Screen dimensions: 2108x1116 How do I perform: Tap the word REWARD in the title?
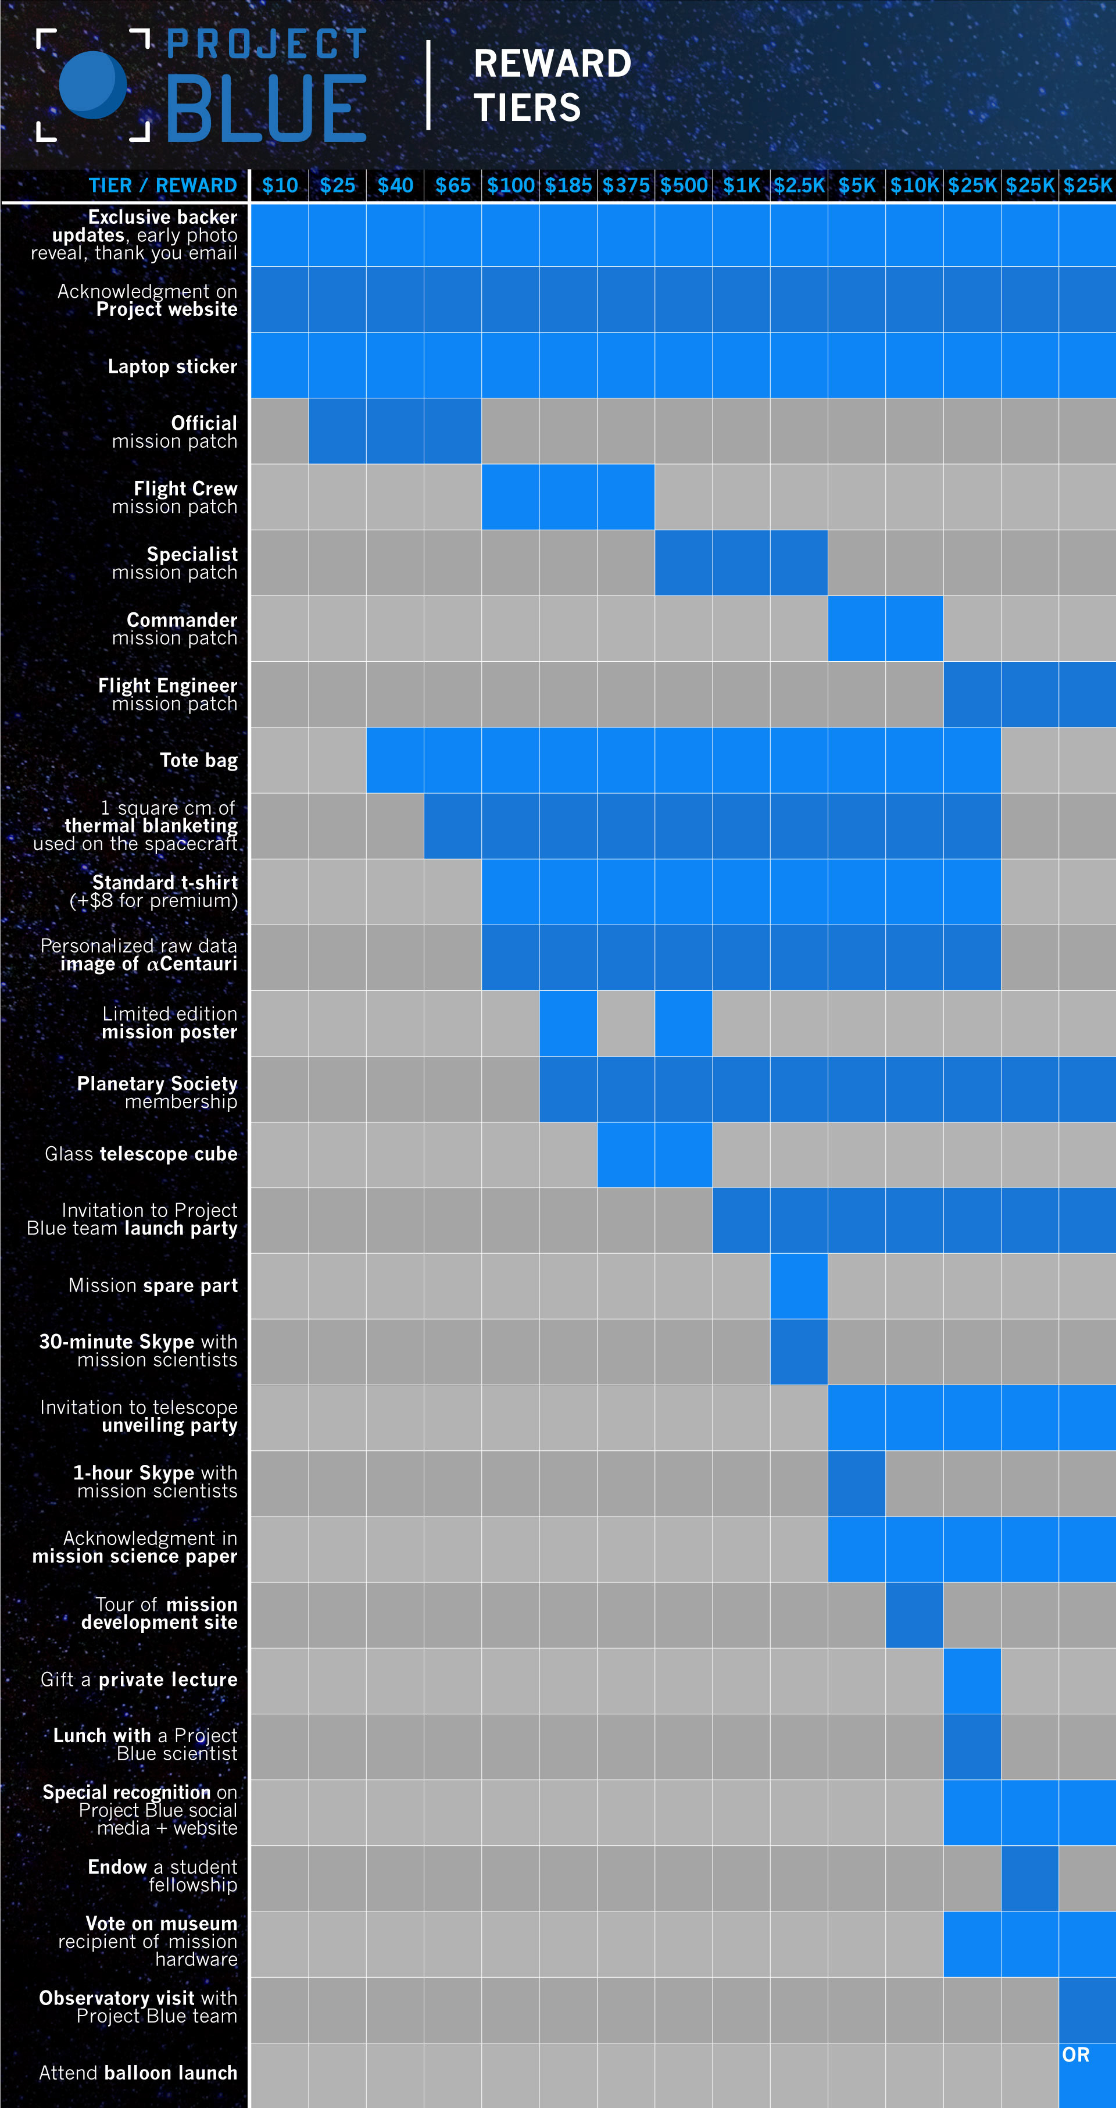pos(552,64)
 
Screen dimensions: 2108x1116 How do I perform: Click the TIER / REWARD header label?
pos(162,186)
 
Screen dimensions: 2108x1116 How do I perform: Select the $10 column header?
pos(280,186)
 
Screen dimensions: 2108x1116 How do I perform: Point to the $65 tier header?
pos(452,186)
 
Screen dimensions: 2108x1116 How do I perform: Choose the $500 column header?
pos(683,186)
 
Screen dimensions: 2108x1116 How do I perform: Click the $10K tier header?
pos(914,186)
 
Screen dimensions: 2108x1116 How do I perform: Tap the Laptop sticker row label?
pos(172,366)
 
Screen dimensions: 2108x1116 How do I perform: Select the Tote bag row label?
pos(198,760)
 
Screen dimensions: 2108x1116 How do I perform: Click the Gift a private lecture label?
pos(139,1680)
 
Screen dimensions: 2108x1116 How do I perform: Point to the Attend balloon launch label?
pos(138,2073)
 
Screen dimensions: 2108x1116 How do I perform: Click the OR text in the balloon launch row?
pos(1075,2055)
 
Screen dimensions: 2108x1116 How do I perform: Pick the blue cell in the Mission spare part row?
pos(799,1286)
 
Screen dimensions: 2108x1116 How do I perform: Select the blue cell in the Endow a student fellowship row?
pos(1029,1878)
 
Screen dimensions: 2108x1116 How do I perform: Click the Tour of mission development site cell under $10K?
pos(914,1614)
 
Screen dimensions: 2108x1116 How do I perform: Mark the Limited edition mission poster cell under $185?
pos(568,1023)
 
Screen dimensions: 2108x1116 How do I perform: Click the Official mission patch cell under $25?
pos(337,431)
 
